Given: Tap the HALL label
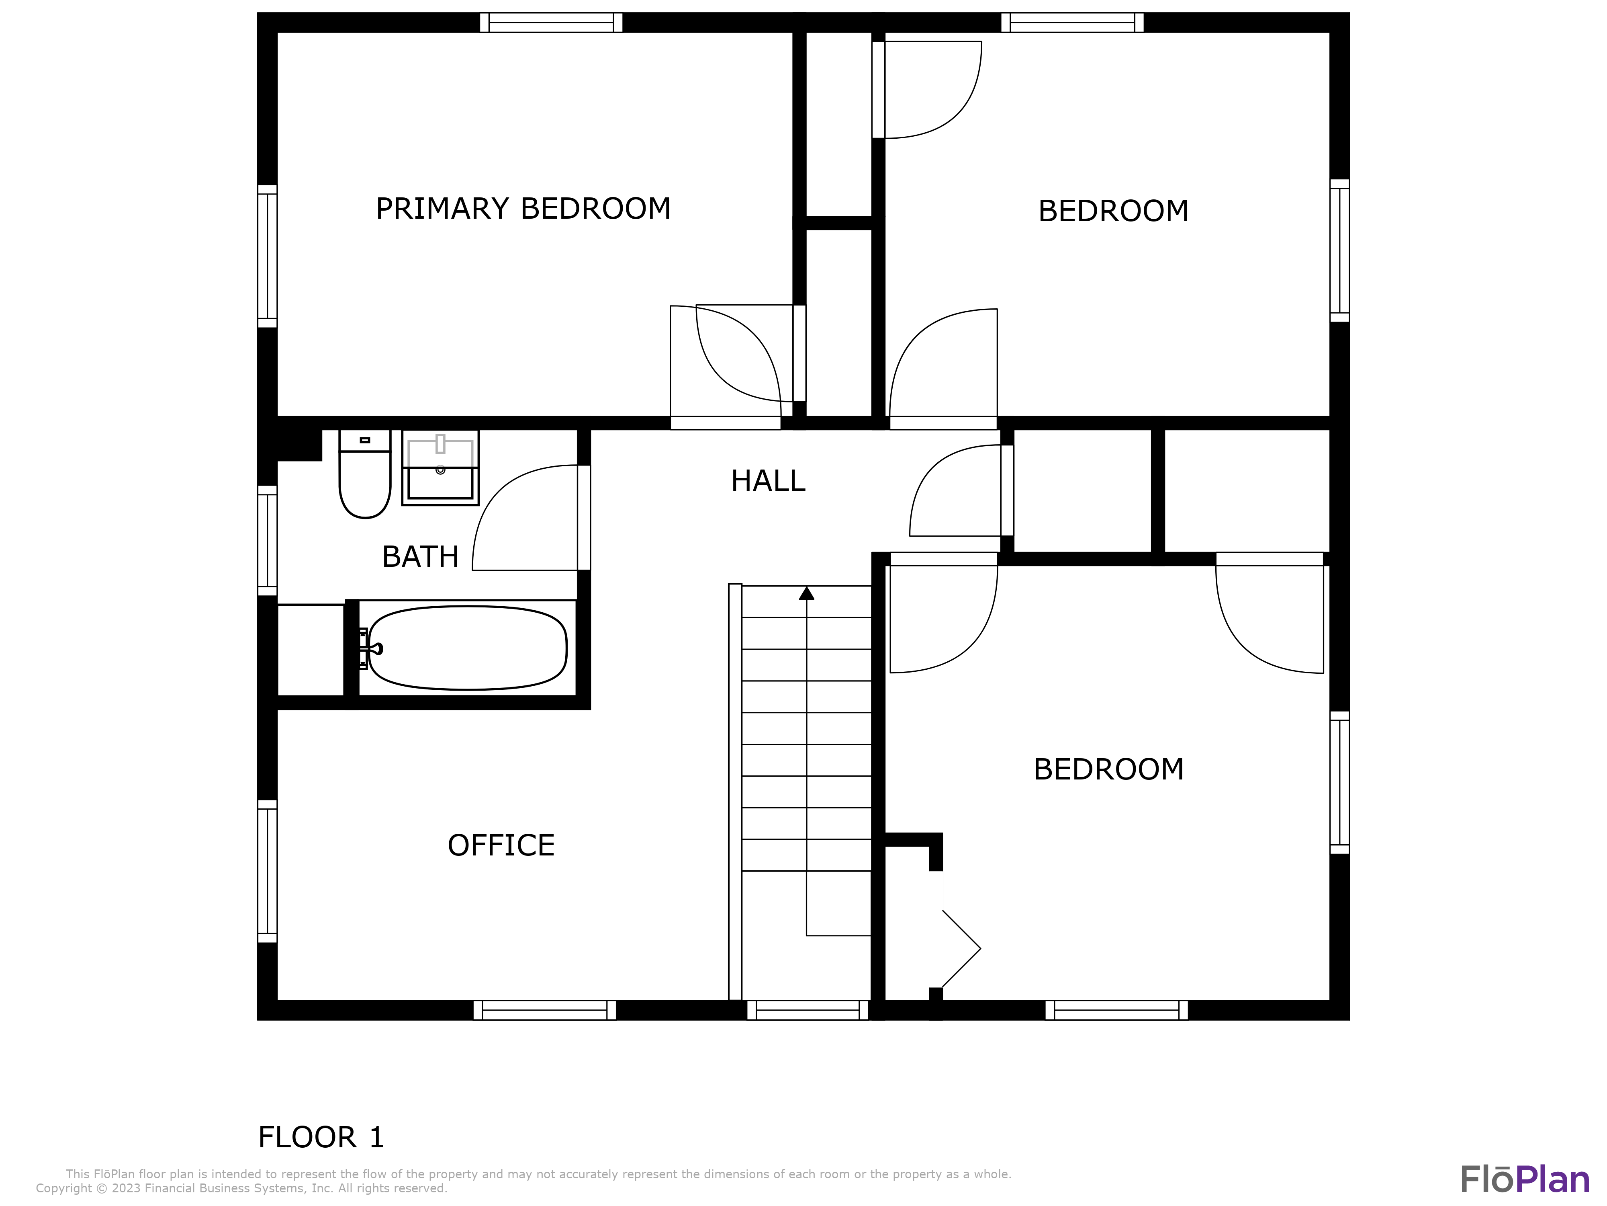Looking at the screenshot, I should [768, 481].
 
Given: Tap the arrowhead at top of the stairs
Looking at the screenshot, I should [806, 593].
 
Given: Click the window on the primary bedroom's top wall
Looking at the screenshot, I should [551, 23].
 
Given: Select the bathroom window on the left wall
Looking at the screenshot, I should [267, 540].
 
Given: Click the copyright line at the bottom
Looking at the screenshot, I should [241, 1188].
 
